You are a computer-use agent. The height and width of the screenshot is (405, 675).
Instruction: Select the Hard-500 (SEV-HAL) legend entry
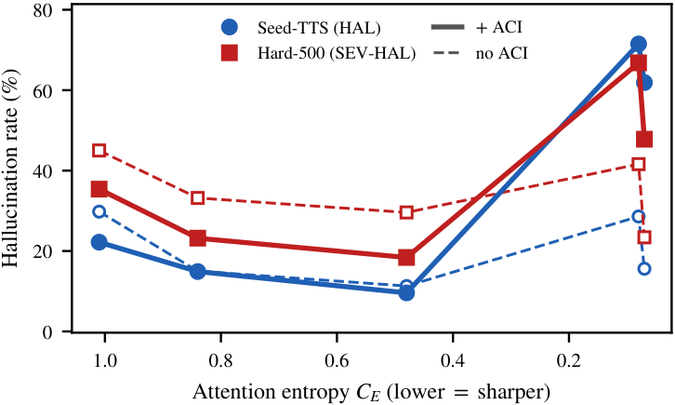coord(319,53)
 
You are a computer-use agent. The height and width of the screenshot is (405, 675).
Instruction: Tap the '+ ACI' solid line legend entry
coord(477,27)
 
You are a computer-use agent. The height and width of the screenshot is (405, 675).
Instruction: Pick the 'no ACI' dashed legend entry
coord(480,53)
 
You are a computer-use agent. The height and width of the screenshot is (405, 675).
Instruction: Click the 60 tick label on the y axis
coord(46,90)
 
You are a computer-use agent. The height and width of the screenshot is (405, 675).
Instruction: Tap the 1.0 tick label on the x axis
coord(105,359)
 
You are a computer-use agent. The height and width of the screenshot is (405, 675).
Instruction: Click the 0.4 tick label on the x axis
coord(453,359)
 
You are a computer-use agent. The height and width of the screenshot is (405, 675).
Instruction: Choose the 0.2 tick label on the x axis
coord(569,359)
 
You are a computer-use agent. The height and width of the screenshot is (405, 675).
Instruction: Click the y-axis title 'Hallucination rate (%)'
coord(11,170)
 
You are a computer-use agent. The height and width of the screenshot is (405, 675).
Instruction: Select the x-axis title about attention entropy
coord(371,392)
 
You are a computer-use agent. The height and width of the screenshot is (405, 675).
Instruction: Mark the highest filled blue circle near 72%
coord(639,44)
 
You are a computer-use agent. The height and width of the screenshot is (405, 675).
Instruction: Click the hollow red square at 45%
coord(99,151)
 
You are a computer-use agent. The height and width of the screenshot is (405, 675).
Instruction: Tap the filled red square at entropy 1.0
coord(99,189)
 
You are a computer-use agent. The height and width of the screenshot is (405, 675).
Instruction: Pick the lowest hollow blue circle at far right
coord(644,269)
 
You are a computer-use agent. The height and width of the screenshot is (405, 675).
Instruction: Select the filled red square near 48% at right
coord(644,139)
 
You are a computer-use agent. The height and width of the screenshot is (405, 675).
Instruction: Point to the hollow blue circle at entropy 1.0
coord(99,211)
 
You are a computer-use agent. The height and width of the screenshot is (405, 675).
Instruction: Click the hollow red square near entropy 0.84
coord(198,198)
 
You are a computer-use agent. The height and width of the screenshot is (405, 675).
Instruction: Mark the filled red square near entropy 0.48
coord(406,257)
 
